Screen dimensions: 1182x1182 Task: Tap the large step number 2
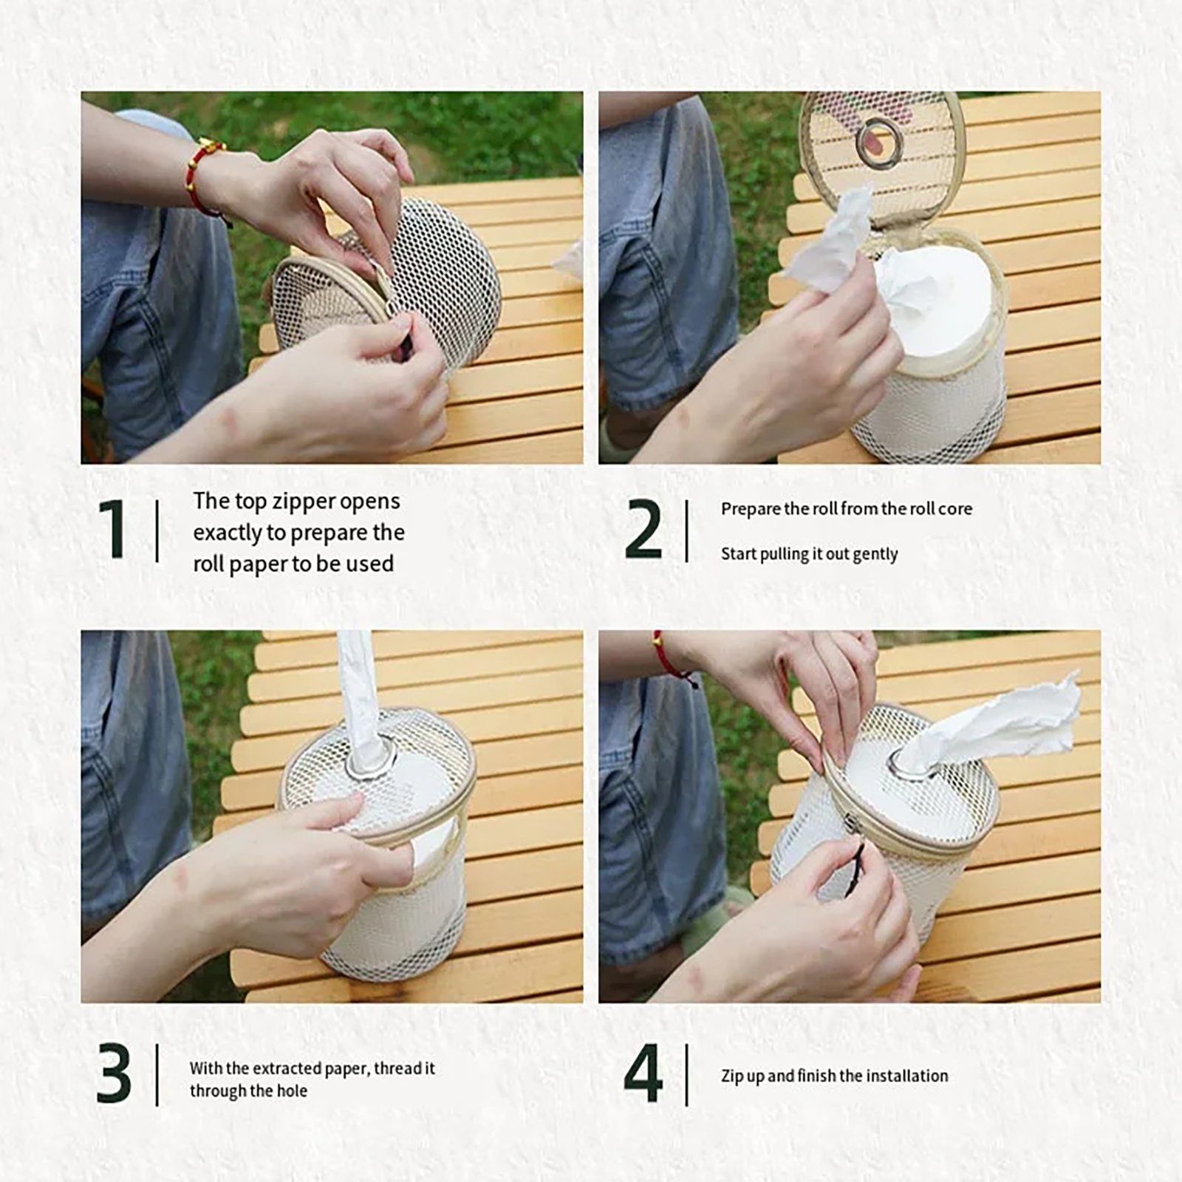point(643,528)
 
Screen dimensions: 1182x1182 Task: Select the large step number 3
point(114,1073)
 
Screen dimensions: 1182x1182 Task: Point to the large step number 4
point(643,1073)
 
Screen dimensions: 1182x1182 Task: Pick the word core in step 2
point(956,509)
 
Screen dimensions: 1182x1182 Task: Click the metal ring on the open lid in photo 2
point(880,142)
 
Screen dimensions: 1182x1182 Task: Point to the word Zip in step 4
point(733,1076)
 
